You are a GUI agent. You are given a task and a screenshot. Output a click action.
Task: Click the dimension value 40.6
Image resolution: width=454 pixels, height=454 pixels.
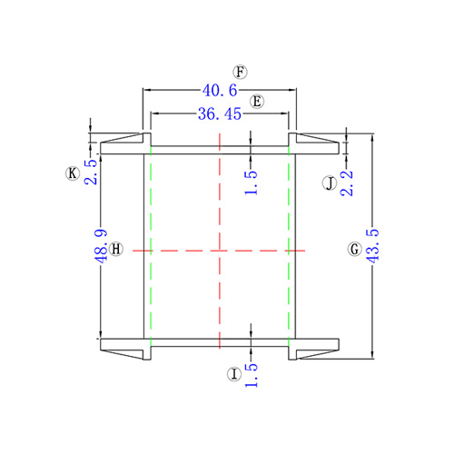[x=220, y=91]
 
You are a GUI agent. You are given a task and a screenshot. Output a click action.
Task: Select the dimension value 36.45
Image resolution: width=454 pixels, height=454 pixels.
[x=220, y=114]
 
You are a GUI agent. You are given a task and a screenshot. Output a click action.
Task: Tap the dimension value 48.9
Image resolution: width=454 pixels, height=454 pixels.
[x=101, y=246]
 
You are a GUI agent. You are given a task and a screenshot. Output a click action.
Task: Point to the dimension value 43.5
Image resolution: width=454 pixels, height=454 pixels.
[x=372, y=246]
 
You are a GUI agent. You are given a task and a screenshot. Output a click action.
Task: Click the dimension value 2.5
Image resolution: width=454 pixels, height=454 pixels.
[x=91, y=172]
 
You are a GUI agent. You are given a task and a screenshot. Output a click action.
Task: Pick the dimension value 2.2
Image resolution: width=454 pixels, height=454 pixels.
[x=347, y=183]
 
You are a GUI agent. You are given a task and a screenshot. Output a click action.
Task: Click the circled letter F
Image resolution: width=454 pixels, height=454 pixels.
[x=240, y=72]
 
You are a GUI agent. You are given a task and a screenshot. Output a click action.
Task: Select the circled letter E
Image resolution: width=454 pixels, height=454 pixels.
[x=257, y=102]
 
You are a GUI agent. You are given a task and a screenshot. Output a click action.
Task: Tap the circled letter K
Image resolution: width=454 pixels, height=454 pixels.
[x=73, y=173]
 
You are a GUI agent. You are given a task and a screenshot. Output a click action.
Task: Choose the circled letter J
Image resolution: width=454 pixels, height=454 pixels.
[x=330, y=183]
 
